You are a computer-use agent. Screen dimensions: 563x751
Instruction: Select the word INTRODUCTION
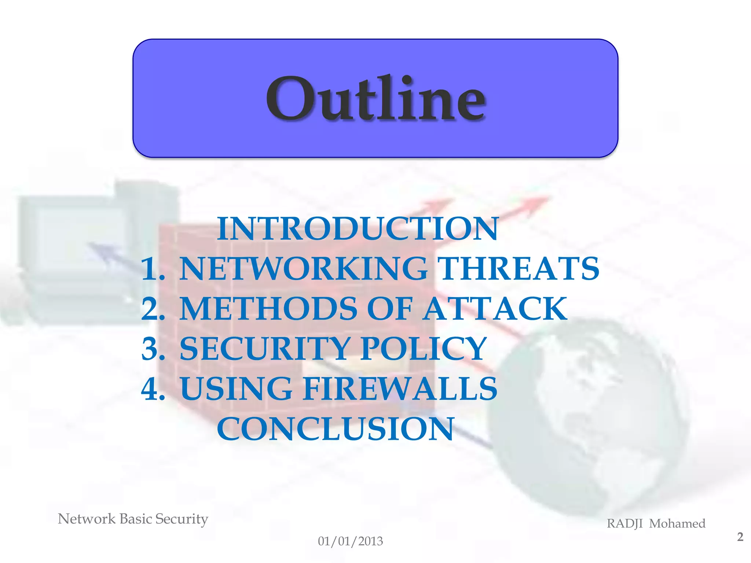click(x=358, y=229)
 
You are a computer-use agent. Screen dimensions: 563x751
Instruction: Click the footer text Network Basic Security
click(x=133, y=519)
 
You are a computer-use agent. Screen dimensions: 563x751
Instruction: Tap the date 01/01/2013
click(x=350, y=541)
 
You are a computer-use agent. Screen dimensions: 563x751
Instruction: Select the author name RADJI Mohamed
click(x=656, y=523)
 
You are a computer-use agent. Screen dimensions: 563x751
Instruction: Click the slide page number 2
click(x=740, y=537)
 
